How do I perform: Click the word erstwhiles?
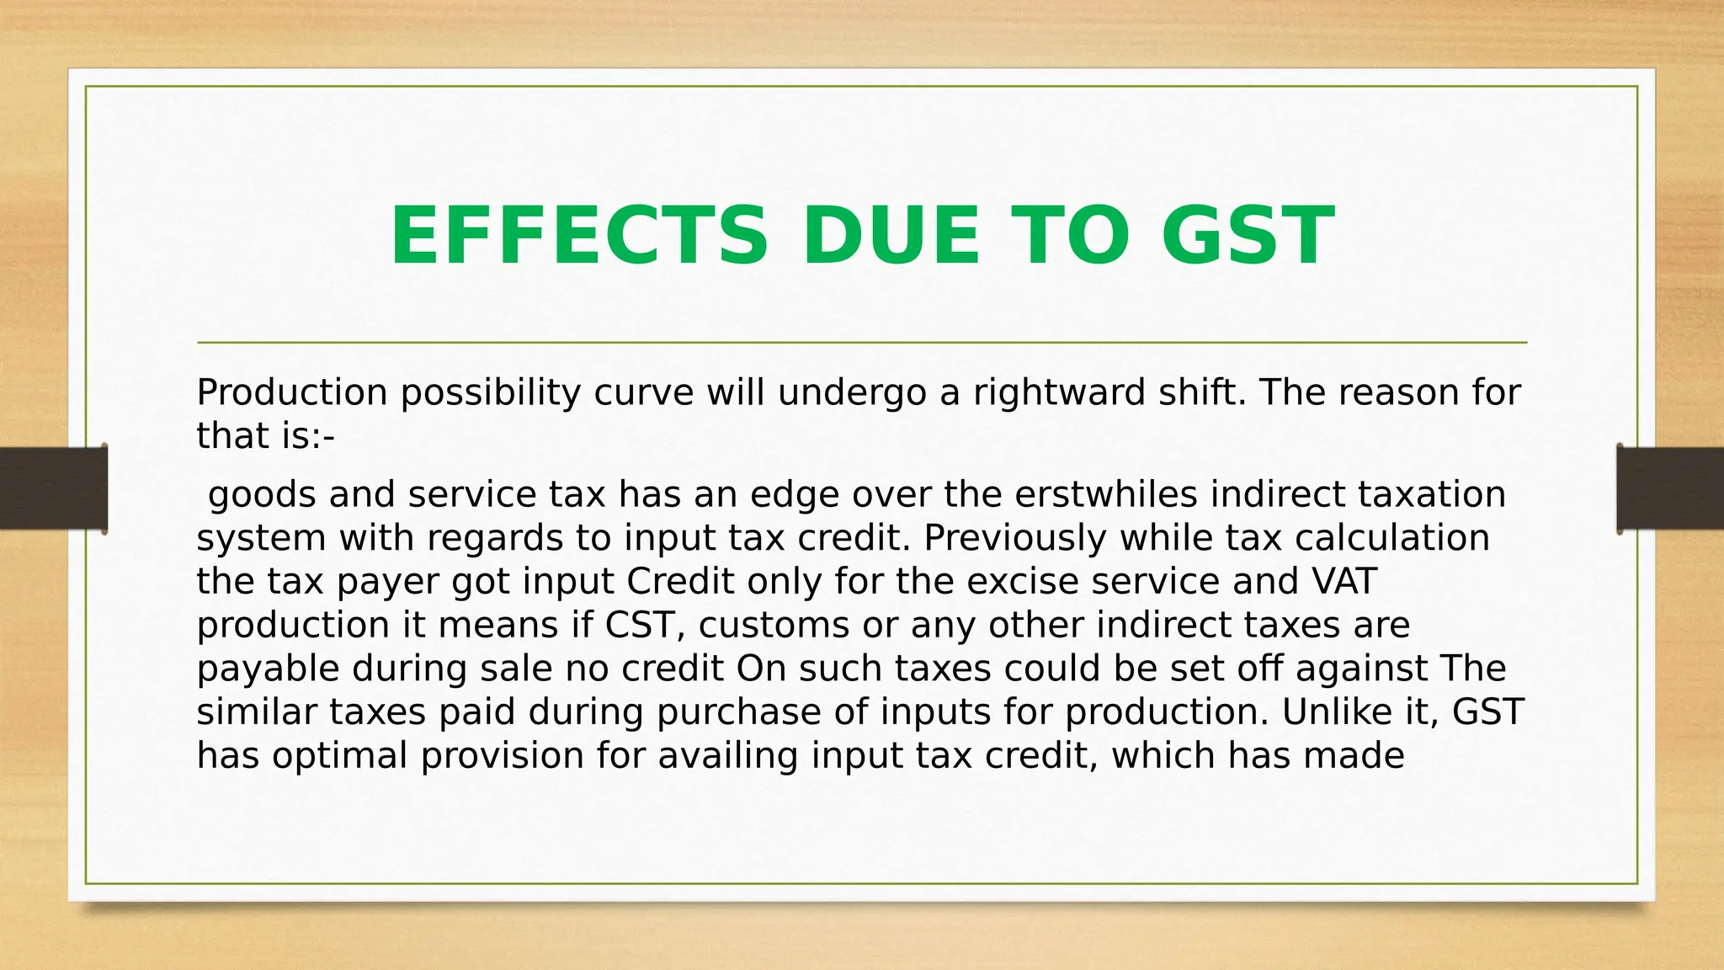(1106, 494)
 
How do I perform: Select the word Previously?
(1014, 538)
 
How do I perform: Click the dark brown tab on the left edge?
(53, 488)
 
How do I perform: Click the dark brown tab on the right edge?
(1670, 488)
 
